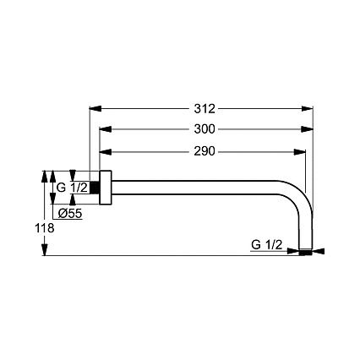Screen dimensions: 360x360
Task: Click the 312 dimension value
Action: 205,108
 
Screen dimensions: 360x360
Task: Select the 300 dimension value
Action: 205,129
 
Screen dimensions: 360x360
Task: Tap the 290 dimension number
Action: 205,151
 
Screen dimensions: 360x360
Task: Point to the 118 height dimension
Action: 45,227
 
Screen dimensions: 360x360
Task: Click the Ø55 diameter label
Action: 70,214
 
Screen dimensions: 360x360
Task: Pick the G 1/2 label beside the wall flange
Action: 72,188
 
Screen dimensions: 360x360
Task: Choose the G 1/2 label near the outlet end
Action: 266,245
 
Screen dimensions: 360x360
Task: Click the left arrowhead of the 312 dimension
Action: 95,108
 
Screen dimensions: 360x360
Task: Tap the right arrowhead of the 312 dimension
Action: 307,108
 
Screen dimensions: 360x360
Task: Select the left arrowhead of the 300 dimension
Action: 106,129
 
